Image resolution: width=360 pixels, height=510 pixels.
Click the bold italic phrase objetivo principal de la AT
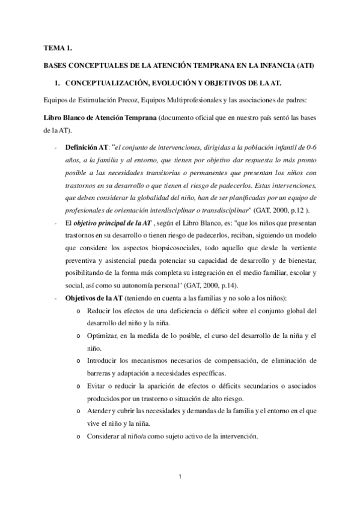112,223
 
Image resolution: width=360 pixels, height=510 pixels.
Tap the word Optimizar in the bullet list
103,335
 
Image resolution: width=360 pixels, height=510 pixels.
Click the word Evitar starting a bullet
97,386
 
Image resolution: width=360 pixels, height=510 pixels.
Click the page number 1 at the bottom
180,478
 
